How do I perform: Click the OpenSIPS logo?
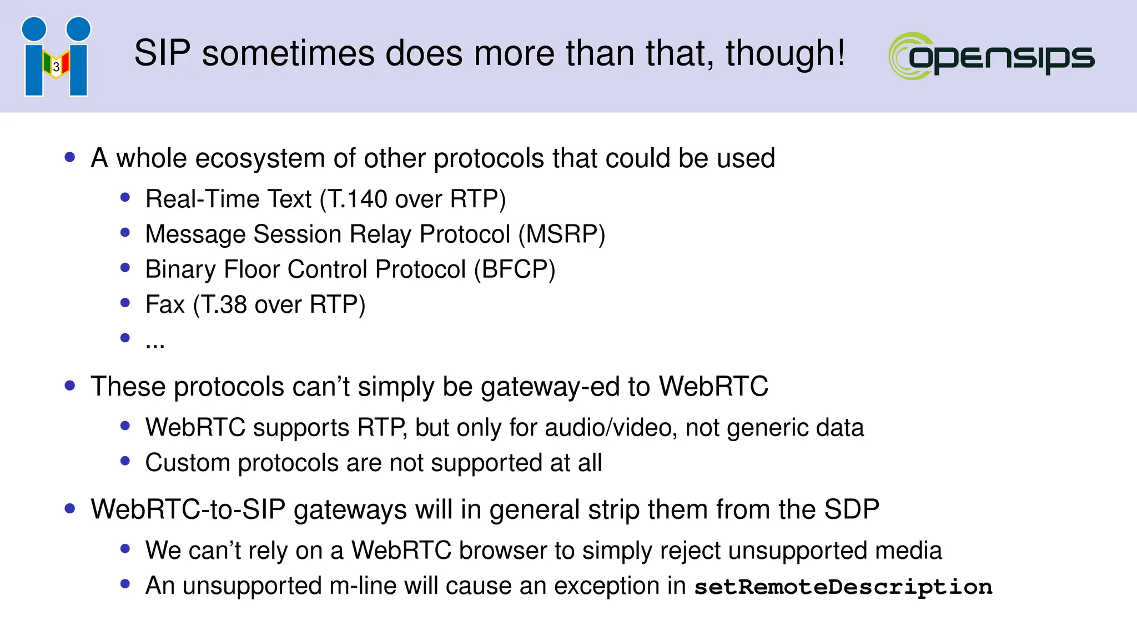992,56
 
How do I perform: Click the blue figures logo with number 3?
56,57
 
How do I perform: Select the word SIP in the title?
162,53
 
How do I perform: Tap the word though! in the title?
785,53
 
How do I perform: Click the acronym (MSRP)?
562,234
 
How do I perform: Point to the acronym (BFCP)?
515,269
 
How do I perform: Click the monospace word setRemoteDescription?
843,587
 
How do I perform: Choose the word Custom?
188,463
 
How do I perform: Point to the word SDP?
852,509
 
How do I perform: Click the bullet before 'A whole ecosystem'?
70,157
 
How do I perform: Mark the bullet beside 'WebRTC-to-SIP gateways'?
70,508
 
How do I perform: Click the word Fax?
165,304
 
